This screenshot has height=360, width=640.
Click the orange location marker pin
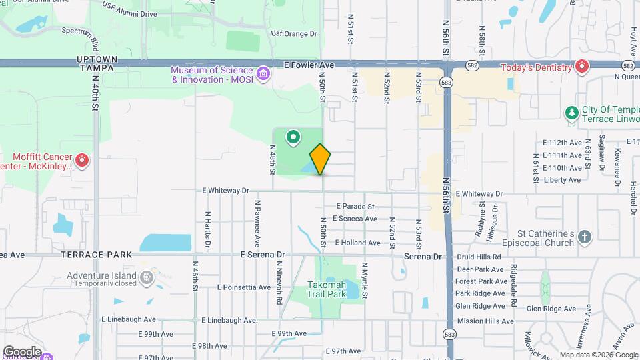tap(320, 159)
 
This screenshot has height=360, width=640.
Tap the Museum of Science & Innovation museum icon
tap(263, 73)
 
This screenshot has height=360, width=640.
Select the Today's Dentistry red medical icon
tap(582, 67)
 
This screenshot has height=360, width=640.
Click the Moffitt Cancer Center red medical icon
tap(81, 160)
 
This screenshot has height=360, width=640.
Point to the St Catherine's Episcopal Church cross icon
tap(584, 237)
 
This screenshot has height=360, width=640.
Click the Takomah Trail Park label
tap(327, 289)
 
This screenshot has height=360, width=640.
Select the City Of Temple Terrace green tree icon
tap(571, 112)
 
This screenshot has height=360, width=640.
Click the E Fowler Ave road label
tap(308, 65)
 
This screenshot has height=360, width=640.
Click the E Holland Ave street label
tap(357, 243)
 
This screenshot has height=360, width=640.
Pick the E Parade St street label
tap(355, 206)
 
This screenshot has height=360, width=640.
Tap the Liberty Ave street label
tap(563, 180)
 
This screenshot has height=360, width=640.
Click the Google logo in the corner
tap(22, 351)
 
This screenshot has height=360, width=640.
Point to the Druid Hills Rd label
tap(479, 257)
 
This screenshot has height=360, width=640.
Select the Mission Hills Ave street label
tap(485, 321)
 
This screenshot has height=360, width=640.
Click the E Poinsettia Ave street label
tap(243, 287)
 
